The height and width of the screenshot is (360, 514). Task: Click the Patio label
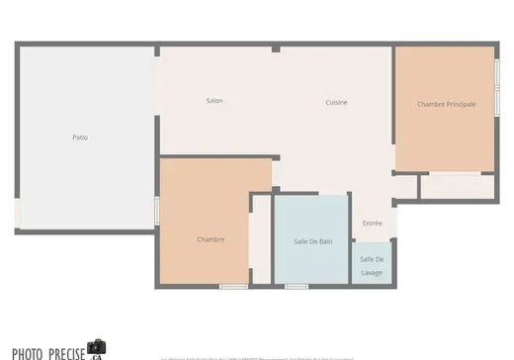(x=80, y=136)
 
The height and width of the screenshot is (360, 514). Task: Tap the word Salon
(x=214, y=101)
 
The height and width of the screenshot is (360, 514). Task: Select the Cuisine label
(x=337, y=102)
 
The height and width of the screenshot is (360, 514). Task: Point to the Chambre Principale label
(x=446, y=104)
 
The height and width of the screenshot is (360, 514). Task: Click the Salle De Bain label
(x=312, y=241)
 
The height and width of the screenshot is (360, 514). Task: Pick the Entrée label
(x=372, y=224)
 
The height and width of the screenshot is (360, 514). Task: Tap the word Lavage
(x=372, y=272)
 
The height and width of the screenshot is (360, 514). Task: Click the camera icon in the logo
(x=96, y=347)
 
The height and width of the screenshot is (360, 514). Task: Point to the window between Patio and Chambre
(x=156, y=211)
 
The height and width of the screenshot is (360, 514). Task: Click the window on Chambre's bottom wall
(x=233, y=287)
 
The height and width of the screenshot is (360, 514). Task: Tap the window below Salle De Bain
(x=297, y=287)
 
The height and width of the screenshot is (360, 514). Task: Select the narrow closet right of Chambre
(x=260, y=242)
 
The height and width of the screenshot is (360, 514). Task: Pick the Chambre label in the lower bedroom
(x=211, y=239)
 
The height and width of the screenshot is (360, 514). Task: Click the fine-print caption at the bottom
(x=257, y=357)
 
